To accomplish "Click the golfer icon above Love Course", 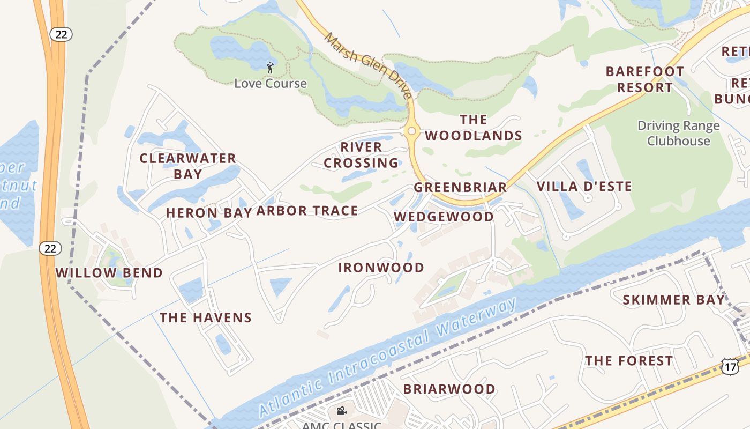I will coord(270,68).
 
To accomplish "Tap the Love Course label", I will coord(271,84).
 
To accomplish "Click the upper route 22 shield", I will coord(61,34).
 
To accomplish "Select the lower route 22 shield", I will coord(50,248).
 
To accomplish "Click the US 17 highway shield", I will coord(729,367).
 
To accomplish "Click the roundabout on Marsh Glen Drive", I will coord(411,131).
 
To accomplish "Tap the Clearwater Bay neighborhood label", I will coord(188,166).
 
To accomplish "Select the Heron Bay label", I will coord(209,213).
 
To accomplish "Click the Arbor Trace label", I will coord(307,211).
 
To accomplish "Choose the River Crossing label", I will coord(362,155).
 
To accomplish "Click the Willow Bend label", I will coord(109,273).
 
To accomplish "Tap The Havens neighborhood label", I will coord(206,317).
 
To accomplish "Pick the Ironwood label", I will coord(381,268).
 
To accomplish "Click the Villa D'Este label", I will coord(584,187).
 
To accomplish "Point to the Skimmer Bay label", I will coord(673,300).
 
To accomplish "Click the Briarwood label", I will coord(449,389).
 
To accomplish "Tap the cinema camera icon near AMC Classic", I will coord(341,411).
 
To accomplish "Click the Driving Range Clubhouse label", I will coord(678,134).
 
